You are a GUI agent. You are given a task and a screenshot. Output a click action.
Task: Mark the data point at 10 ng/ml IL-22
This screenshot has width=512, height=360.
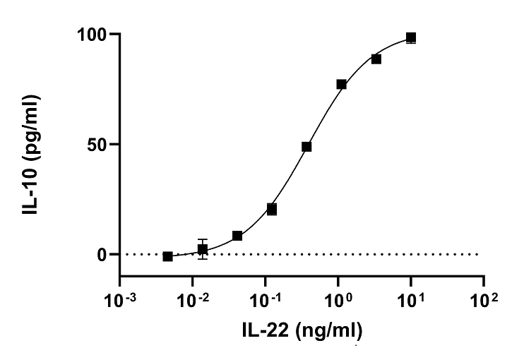point(411,37)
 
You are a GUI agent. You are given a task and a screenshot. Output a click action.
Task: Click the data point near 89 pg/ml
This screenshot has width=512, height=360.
point(376,59)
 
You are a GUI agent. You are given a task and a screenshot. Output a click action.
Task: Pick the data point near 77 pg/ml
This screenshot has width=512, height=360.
point(342,85)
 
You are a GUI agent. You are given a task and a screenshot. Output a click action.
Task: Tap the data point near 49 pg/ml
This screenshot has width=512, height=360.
point(306,147)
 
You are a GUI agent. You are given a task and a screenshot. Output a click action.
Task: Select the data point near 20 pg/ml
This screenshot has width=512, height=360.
point(272,210)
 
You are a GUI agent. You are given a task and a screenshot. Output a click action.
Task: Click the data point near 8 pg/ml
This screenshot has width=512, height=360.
point(237,236)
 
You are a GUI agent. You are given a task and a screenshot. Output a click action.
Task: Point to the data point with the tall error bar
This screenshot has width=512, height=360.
point(203,249)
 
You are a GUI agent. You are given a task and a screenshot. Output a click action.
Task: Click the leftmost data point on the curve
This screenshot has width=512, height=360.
point(167,256)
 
